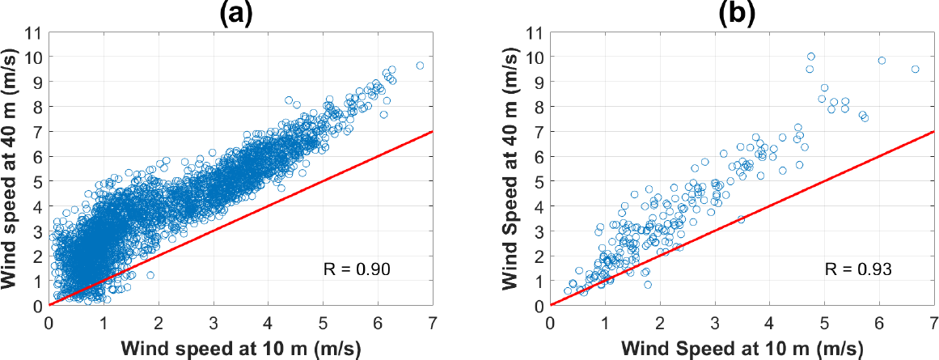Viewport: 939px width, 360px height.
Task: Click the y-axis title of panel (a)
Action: tap(11, 169)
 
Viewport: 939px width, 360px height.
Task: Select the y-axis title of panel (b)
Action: tap(512, 169)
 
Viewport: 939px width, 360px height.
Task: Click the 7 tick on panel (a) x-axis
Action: tap(434, 320)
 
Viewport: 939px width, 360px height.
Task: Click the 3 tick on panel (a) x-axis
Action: tap(214, 320)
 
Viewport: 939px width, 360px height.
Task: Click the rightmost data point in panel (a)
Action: tap(420, 66)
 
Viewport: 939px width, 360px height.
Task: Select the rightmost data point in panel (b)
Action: tap(915, 70)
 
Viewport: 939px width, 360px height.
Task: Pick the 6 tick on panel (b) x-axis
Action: tap(880, 320)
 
